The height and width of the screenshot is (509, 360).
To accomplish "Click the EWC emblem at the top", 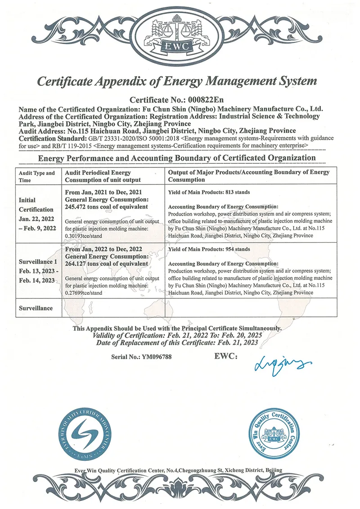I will point(180,36).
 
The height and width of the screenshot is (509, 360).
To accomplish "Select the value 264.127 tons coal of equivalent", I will point(107,263).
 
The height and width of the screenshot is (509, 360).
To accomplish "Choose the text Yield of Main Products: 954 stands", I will point(209,249).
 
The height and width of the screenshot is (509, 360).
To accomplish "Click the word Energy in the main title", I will point(185,81).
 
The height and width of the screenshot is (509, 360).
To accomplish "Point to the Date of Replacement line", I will point(177,342).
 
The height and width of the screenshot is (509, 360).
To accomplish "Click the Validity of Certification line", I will point(177,336).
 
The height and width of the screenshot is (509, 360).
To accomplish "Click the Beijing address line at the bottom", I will point(179,470).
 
